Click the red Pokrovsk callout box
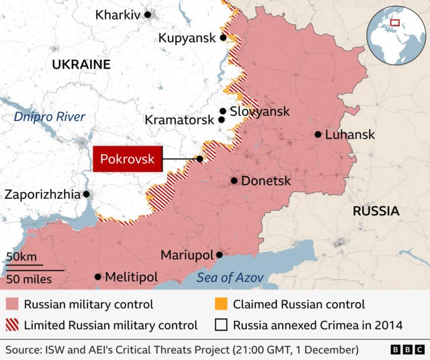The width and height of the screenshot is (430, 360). [127, 159]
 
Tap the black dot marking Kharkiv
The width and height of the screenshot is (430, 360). [148, 14]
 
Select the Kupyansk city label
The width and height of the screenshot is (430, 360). [187, 38]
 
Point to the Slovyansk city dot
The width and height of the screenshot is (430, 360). [222, 111]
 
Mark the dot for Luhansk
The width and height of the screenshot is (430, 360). [318, 134]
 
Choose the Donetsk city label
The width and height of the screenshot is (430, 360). [266, 181]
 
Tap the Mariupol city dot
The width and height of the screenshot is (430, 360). [219, 255]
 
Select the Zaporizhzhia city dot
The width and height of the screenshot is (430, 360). [86, 194]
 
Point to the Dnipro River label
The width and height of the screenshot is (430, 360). [50, 117]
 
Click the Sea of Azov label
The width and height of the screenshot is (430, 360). [230, 277]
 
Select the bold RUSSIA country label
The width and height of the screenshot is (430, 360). [376, 211]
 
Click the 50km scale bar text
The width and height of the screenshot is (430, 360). [21, 257]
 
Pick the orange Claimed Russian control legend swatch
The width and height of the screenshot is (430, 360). [221, 304]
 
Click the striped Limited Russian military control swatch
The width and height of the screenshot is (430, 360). [12, 325]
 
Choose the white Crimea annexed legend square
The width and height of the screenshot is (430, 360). [221, 325]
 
